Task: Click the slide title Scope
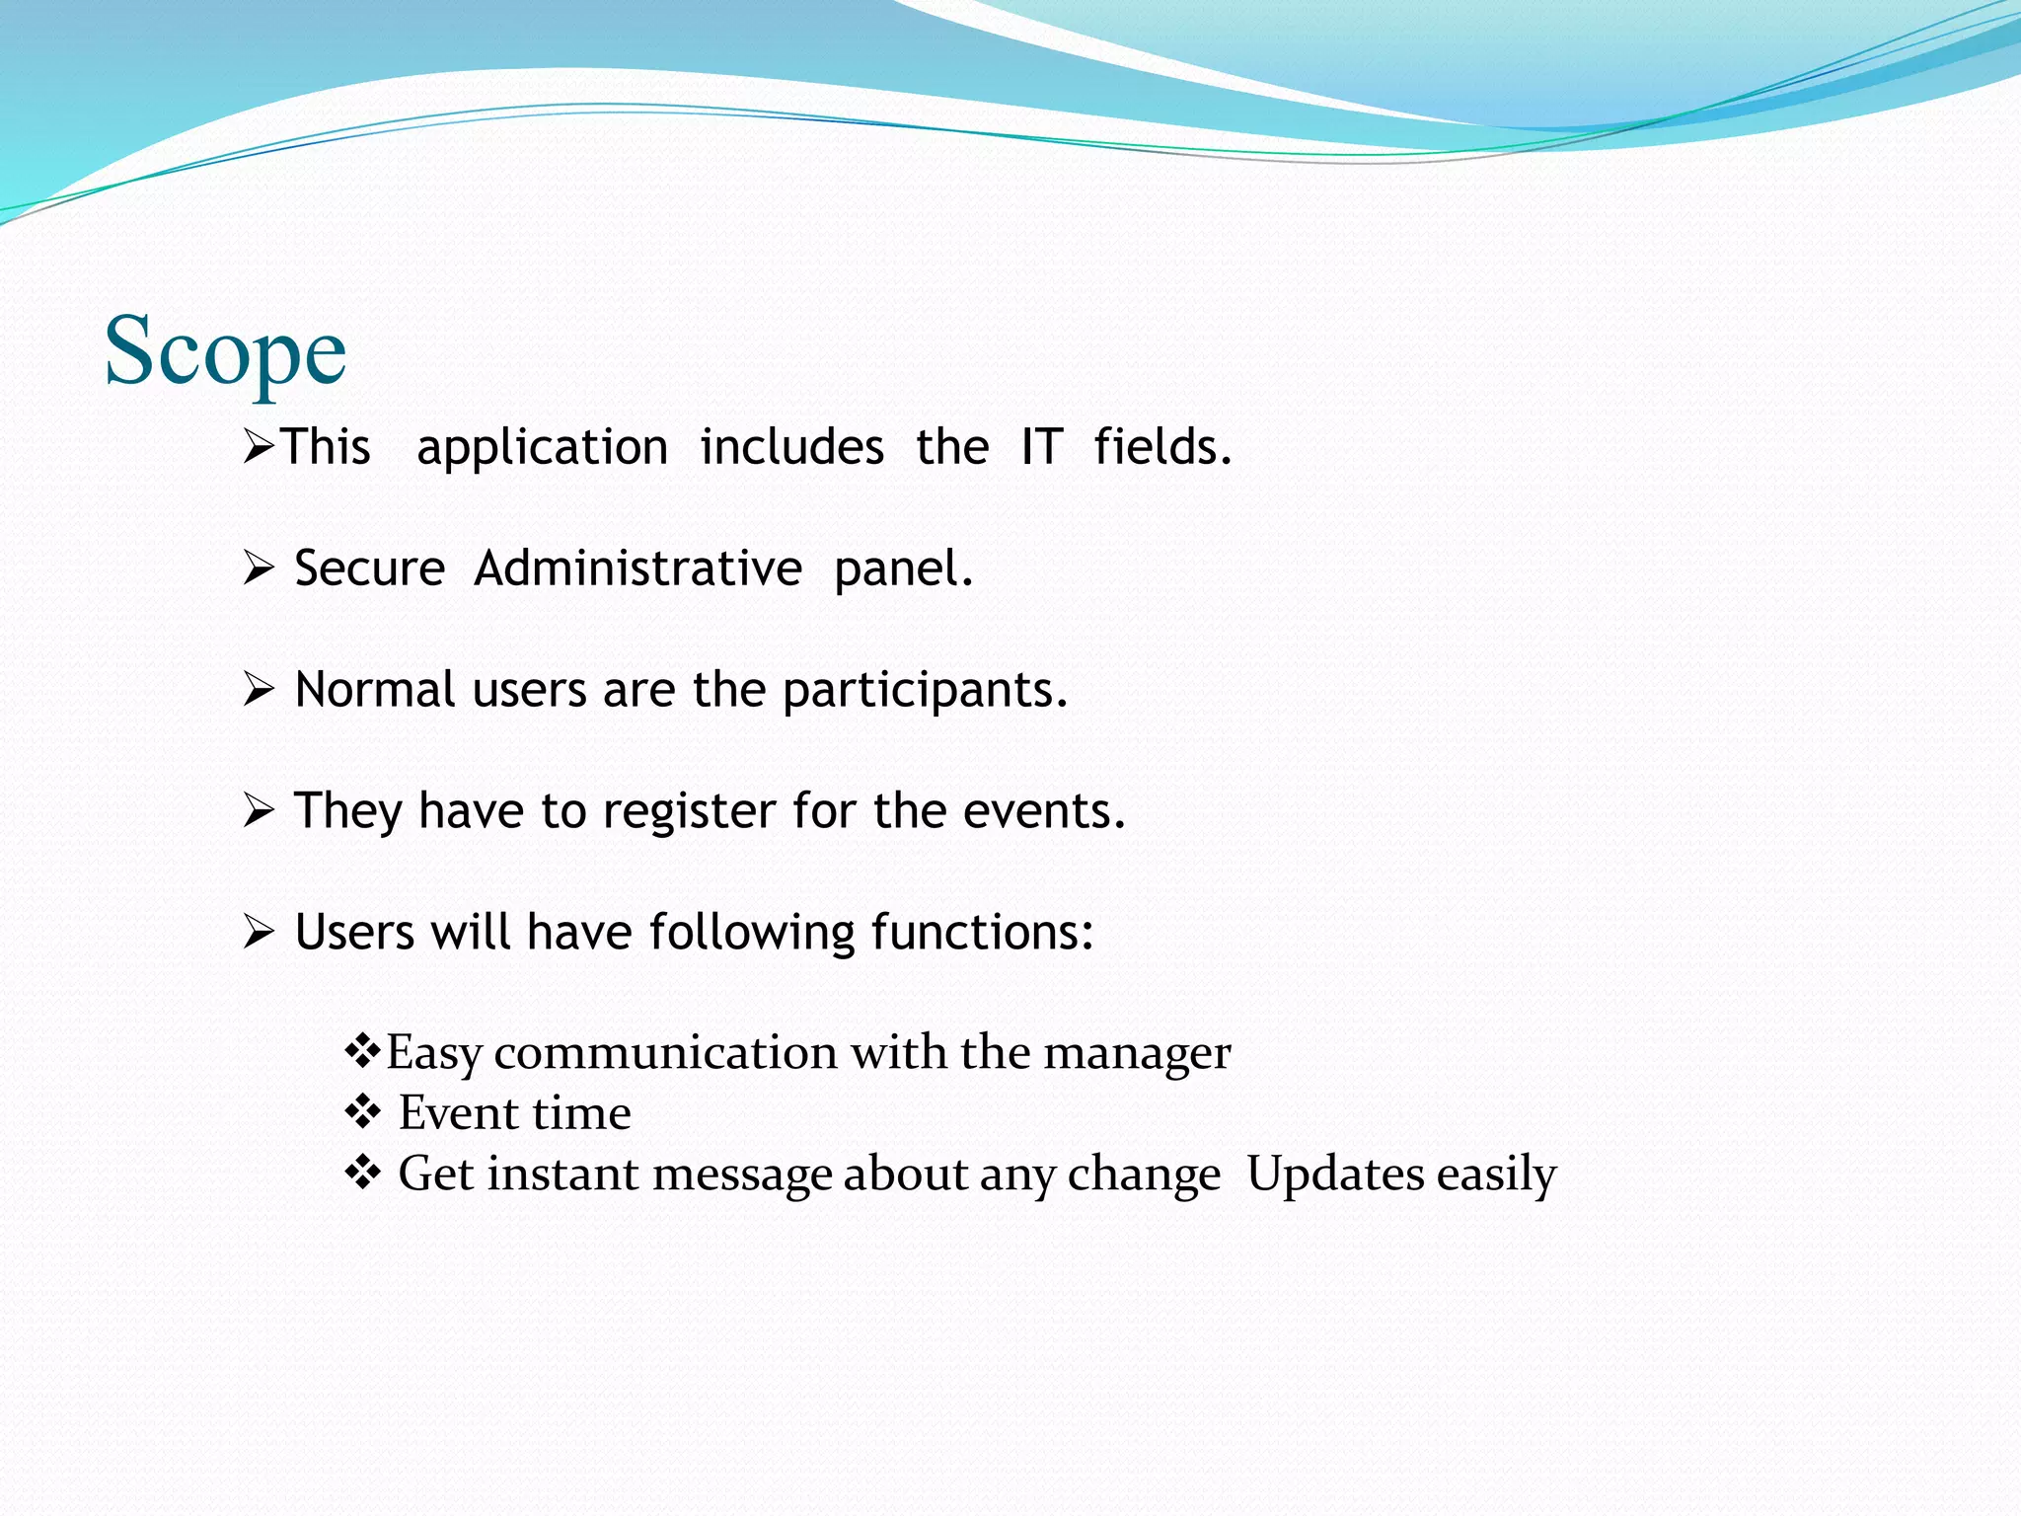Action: coord(225,351)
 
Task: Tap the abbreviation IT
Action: coord(1041,447)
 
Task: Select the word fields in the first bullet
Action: coord(1161,447)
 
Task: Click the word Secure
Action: coord(369,569)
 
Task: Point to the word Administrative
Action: coord(637,569)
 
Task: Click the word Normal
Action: coord(375,690)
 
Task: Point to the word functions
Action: coord(981,933)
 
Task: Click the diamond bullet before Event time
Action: coord(362,1112)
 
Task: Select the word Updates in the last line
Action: coord(1335,1175)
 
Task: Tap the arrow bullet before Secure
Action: coord(258,568)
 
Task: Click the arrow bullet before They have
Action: coord(258,810)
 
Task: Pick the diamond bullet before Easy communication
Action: coord(362,1050)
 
